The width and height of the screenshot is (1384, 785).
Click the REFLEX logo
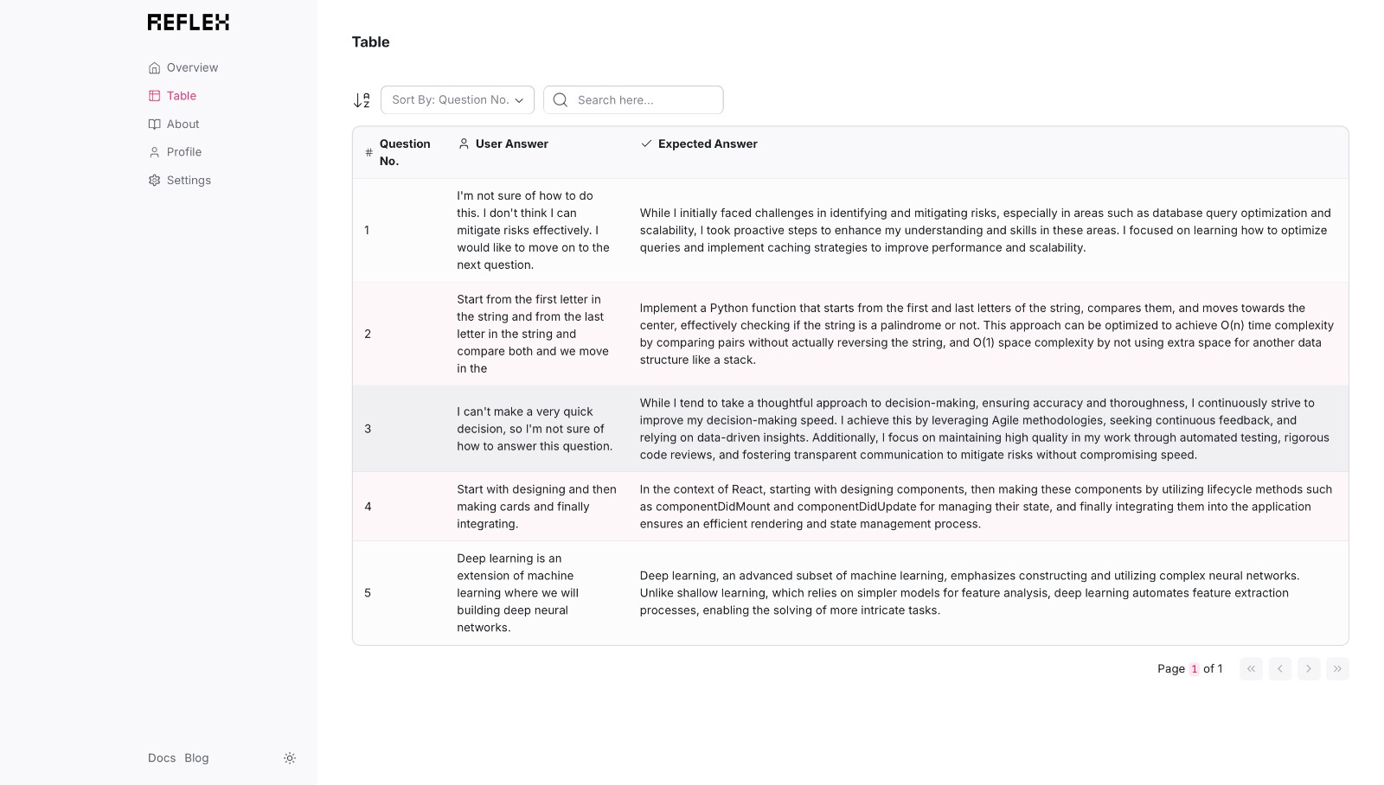[x=189, y=22]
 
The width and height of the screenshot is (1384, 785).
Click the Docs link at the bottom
[x=162, y=758]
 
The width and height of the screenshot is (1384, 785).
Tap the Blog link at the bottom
[x=196, y=758]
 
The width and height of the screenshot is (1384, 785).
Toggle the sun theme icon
[x=290, y=758]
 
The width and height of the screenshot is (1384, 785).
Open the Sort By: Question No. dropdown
[x=458, y=100]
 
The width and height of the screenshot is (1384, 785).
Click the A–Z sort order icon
[x=362, y=100]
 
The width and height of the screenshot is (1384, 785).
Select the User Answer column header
[x=511, y=144]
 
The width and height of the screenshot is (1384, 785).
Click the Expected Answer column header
[x=707, y=144]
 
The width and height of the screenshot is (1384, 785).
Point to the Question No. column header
[x=404, y=152]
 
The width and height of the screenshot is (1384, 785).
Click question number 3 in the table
[x=368, y=429]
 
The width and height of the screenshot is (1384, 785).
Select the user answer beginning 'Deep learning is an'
[x=518, y=593]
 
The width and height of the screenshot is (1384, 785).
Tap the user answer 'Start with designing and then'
[x=536, y=507]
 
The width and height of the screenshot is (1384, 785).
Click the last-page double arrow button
[x=1337, y=669]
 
